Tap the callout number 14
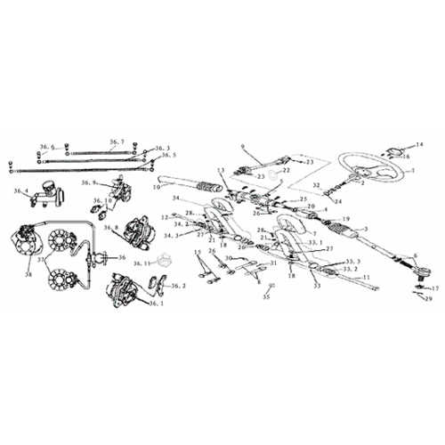tap(421, 143)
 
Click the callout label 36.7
tap(117, 142)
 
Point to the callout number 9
tap(241, 144)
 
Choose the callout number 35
tap(264, 297)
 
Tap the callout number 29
tap(429, 300)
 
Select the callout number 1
tap(411, 169)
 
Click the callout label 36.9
tap(87, 183)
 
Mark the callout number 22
tap(287, 169)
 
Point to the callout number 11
tap(367, 279)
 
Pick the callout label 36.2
tap(177, 287)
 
